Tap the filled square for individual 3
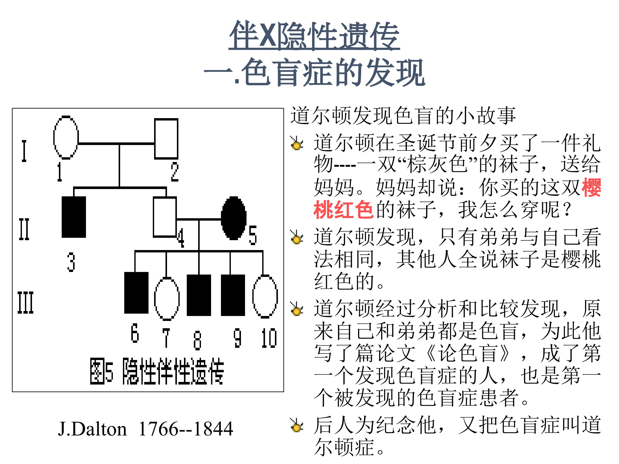(74, 217)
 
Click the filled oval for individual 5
(234, 218)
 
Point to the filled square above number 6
(136, 293)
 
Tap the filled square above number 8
(199, 295)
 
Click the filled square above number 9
(233, 295)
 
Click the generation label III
(25, 302)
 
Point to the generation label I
(24, 151)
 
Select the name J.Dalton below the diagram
(92, 429)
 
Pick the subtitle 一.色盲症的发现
(314, 72)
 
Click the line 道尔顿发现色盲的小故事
(403, 115)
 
